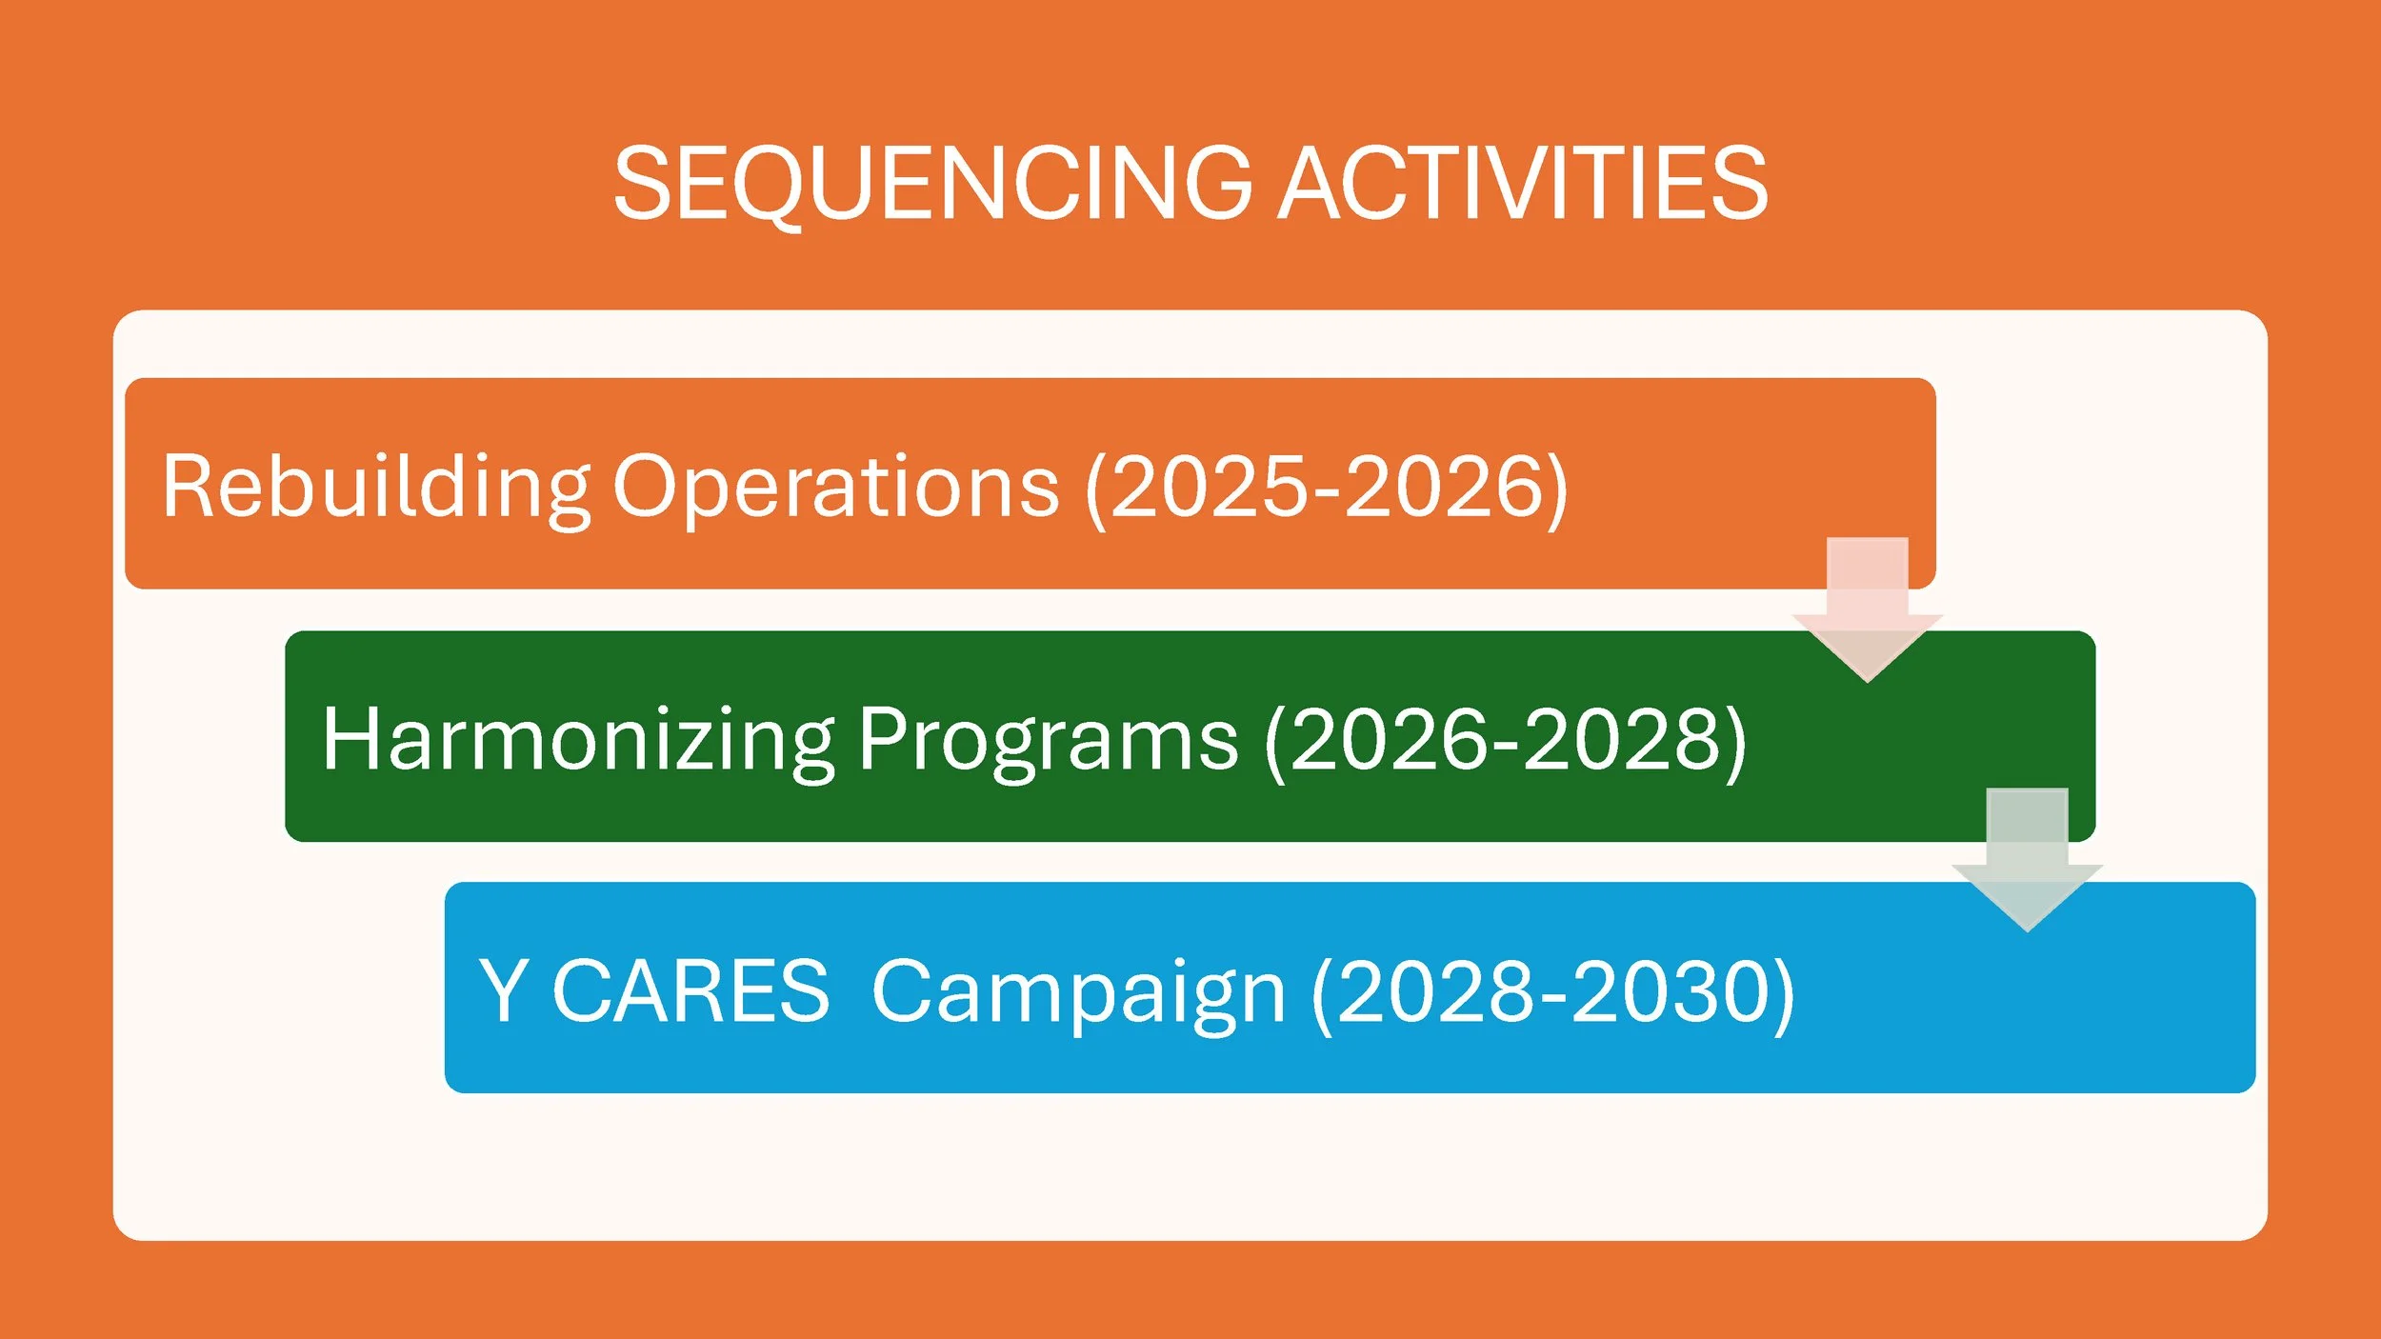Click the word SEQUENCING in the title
[x=933, y=184]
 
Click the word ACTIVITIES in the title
[x=1523, y=183]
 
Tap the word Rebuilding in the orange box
[x=376, y=489]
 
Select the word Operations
[x=836, y=489]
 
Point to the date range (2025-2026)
[x=1327, y=489]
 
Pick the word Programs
[x=1049, y=741]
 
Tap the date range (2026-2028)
[x=1506, y=741]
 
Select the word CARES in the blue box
[x=691, y=991]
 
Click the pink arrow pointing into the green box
[x=1867, y=610]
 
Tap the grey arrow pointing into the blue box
[x=2027, y=860]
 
